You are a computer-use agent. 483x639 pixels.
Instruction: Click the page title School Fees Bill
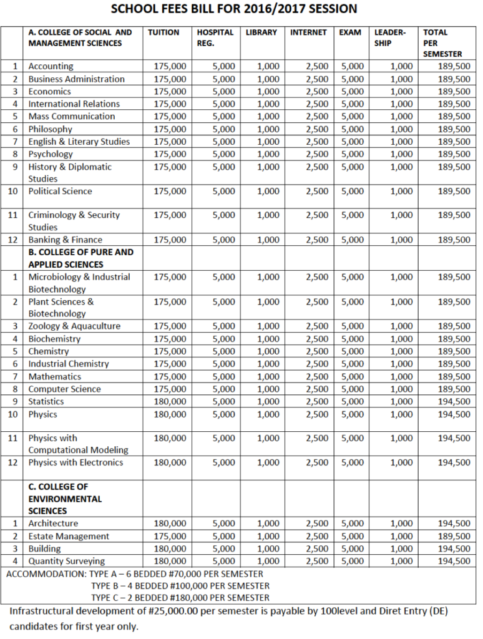point(242,9)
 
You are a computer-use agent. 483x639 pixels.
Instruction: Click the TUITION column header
point(164,32)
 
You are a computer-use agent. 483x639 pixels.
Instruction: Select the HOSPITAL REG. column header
point(215,37)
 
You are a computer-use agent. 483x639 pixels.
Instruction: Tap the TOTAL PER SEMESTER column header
point(442,42)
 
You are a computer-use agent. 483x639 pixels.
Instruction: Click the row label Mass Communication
point(72,117)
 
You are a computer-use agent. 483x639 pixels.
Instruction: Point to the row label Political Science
point(60,192)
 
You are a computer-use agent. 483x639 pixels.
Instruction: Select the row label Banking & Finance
point(66,240)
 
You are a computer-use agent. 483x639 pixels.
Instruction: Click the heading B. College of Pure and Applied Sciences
point(81,258)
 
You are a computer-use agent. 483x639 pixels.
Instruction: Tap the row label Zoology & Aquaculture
point(74,326)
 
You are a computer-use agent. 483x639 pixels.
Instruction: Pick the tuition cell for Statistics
point(170,402)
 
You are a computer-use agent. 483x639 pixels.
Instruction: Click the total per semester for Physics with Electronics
point(454,463)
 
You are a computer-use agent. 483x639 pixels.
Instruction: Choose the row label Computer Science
point(64,389)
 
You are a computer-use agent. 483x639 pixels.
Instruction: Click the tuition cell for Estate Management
point(170,537)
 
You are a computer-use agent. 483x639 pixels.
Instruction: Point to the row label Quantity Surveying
point(67,562)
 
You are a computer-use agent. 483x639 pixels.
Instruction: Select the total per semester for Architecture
point(454,524)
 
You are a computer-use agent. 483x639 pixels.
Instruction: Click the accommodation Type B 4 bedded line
point(180,586)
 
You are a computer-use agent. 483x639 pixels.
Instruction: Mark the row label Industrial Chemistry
point(69,364)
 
